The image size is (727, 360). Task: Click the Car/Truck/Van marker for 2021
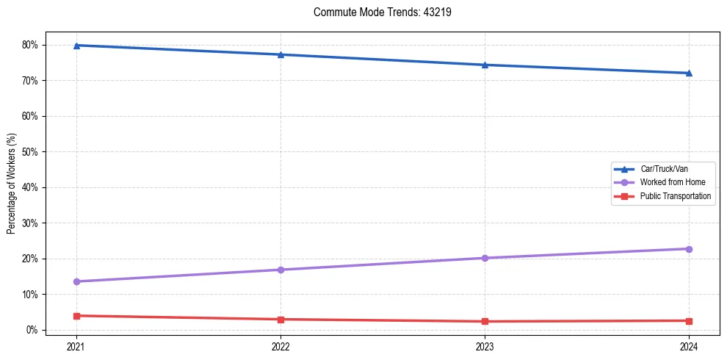pos(76,46)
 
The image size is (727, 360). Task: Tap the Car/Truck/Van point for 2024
pos(689,73)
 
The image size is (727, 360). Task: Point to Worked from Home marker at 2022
pos(281,270)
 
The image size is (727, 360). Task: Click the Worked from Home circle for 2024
pos(689,249)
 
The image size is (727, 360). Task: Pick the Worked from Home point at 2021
pos(76,281)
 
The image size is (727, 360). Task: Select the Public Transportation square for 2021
pos(76,316)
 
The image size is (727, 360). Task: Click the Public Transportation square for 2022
pos(281,320)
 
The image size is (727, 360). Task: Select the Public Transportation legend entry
pos(675,196)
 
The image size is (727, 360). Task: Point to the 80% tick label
pos(30,45)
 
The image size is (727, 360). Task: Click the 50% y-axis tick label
pos(30,152)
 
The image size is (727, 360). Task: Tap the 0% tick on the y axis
pos(32,330)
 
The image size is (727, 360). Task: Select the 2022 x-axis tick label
pos(281,345)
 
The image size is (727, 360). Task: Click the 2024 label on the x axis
pos(689,345)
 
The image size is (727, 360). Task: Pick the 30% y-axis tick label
pos(30,223)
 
